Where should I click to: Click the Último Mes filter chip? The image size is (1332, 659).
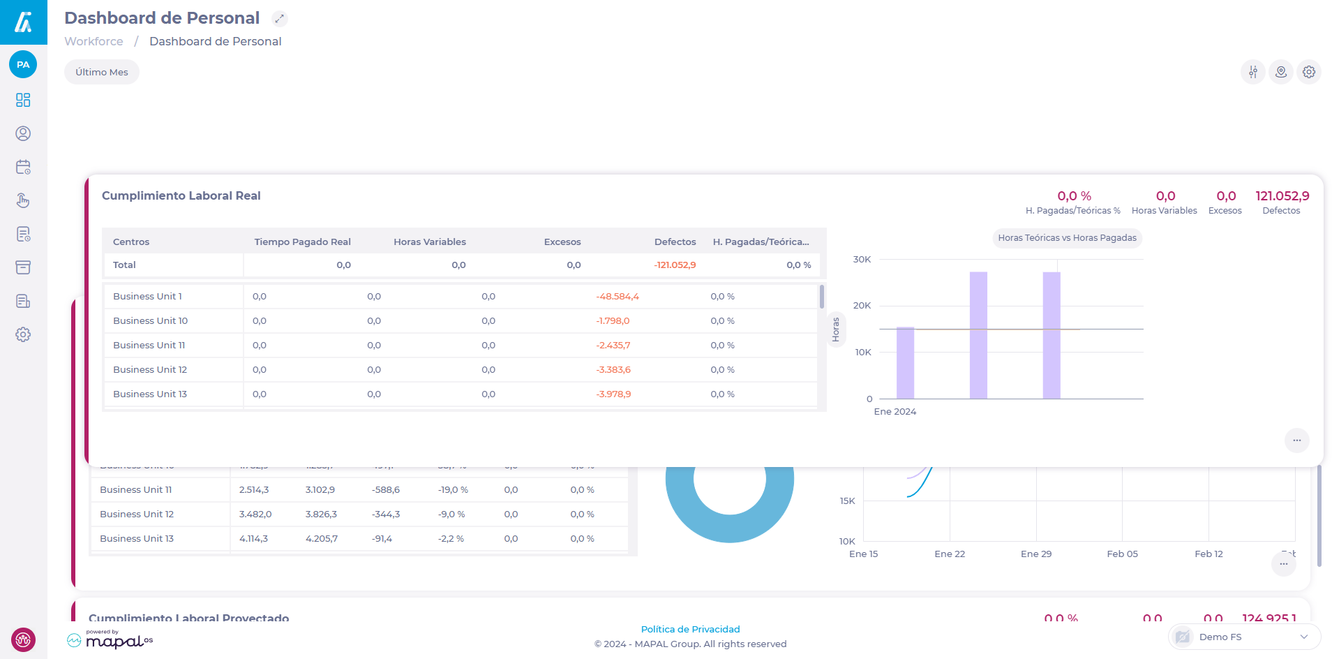(102, 72)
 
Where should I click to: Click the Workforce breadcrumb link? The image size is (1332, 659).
(93, 41)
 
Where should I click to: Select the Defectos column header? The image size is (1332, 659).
(675, 242)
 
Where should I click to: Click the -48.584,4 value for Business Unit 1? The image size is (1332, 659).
(618, 296)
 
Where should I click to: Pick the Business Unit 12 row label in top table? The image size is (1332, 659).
(150, 369)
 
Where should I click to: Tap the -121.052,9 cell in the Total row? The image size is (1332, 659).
(675, 265)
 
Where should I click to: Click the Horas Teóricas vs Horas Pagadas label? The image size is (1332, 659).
(1067, 238)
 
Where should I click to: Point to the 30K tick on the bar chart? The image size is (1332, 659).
(862, 259)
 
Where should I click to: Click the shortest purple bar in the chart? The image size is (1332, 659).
(905, 363)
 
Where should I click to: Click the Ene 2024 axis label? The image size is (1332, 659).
(895, 411)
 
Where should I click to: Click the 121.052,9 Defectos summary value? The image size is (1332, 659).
(1282, 196)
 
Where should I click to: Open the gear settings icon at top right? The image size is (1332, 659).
(1309, 72)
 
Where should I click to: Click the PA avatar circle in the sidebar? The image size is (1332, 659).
(23, 64)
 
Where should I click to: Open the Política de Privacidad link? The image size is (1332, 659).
(690, 629)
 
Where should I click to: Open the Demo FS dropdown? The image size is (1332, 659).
(1244, 637)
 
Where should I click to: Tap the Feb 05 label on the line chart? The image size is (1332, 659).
(1122, 554)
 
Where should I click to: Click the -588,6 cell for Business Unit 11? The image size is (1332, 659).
(385, 489)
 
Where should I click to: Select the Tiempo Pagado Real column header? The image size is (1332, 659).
(302, 242)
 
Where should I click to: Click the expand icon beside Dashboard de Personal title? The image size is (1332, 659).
(279, 19)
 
